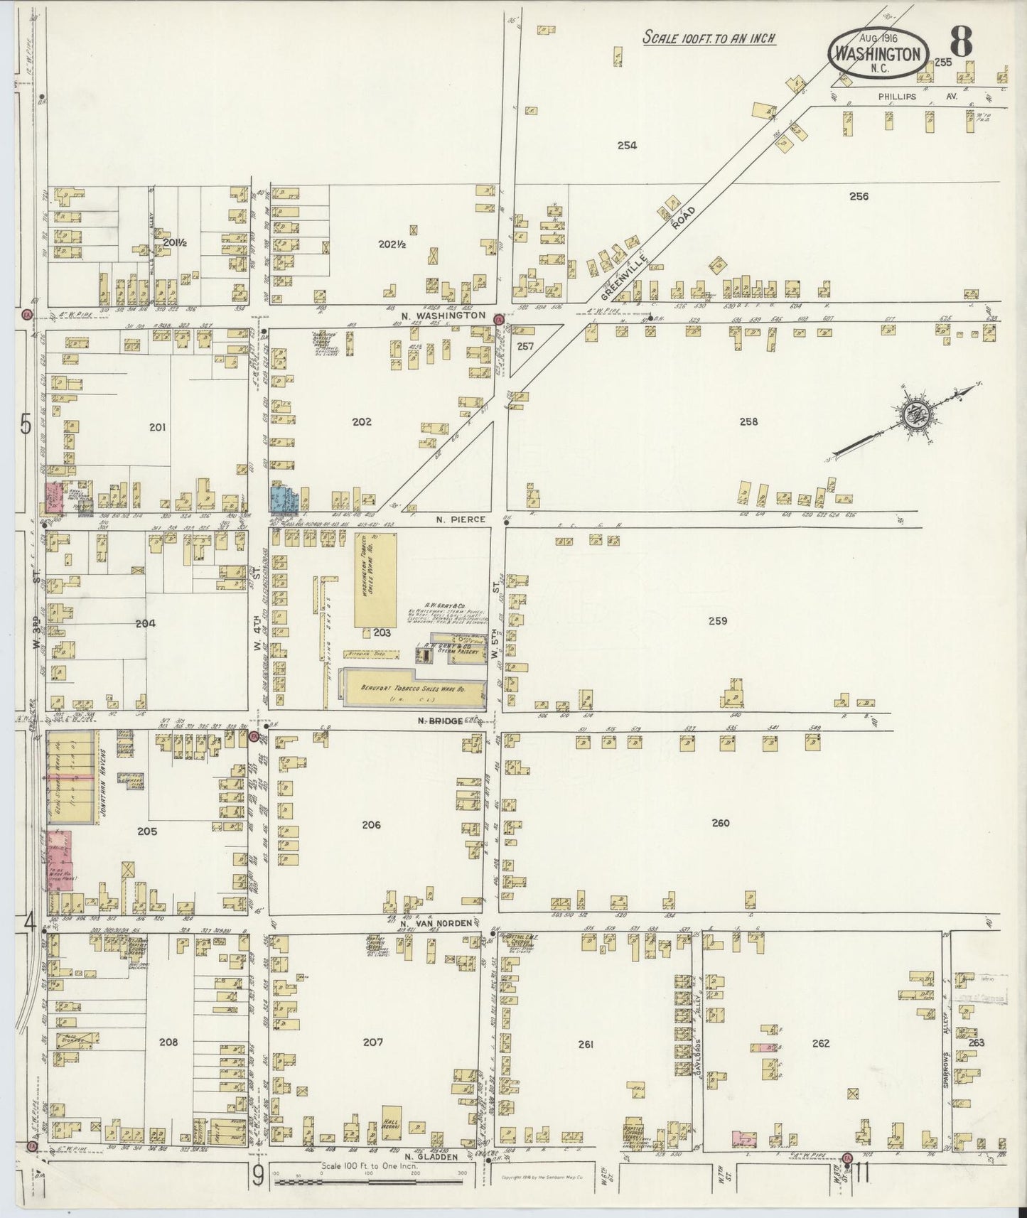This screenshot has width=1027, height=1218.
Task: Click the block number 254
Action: [x=626, y=146]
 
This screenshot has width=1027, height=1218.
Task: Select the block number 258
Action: [x=748, y=421]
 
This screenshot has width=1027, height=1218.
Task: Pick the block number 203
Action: [x=382, y=632]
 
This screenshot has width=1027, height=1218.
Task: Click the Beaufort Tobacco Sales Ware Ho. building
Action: [x=412, y=689]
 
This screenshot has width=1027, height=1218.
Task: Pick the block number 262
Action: [x=820, y=1044]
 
